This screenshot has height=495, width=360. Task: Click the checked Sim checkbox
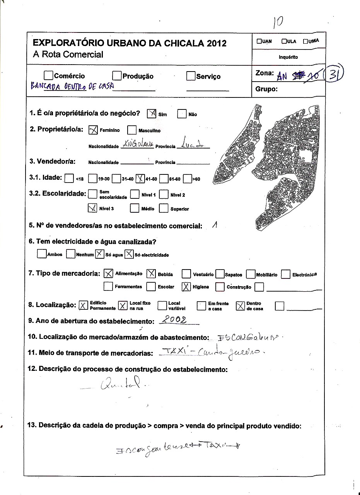point(152,114)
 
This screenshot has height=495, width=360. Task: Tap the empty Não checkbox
point(182,114)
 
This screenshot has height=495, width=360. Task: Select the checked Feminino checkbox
point(93,130)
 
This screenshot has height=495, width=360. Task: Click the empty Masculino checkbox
point(132,130)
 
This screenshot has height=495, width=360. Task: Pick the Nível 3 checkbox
point(93,208)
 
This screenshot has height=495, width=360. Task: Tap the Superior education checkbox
point(164,208)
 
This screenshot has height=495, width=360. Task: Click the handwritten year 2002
point(174,320)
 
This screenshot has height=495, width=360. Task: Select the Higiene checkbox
point(186,287)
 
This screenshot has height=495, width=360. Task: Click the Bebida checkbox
point(151,274)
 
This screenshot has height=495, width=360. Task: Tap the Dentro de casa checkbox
point(240,306)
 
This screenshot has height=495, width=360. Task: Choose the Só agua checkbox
point(99,254)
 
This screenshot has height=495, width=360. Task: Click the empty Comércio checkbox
point(48,75)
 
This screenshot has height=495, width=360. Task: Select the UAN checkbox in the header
point(259,41)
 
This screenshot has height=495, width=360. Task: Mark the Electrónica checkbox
point(285,275)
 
